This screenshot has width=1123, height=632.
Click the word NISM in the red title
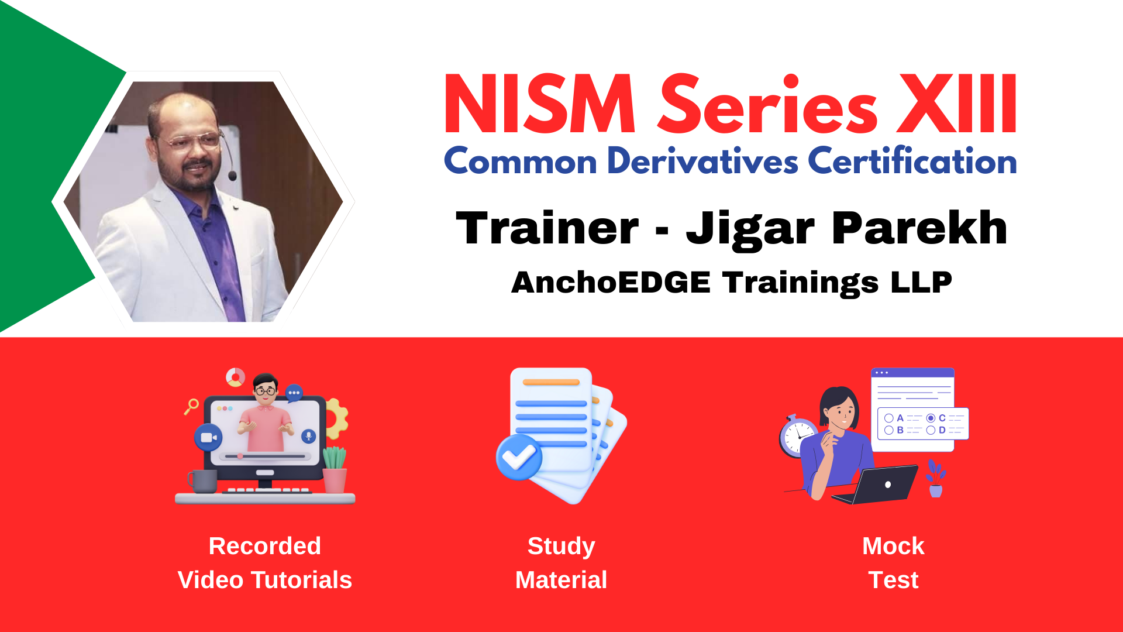click(540, 104)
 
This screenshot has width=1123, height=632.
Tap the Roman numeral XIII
click(957, 104)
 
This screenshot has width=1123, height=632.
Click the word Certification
click(912, 161)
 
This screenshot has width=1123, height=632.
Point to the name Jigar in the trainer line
click(750, 229)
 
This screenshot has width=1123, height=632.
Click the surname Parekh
click(919, 228)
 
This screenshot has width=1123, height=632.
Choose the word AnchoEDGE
click(611, 282)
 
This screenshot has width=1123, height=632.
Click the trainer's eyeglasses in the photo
click(190, 141)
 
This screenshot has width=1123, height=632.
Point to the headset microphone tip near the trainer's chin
click(232, 176)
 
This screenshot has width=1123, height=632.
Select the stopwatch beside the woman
click(797, 437)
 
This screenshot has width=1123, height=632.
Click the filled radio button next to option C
click(931, 418)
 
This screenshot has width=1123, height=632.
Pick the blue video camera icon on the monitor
click(208, 437)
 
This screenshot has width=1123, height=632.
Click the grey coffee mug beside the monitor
click(202, 481)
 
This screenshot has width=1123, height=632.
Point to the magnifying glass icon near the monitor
click(191, 406)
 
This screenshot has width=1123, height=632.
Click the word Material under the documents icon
click(561, 580)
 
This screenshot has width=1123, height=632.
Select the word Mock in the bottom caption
click(893, 546)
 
